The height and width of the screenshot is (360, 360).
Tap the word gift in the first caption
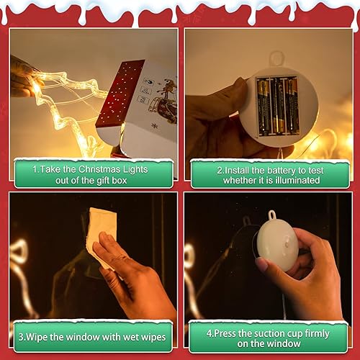(99, 179)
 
